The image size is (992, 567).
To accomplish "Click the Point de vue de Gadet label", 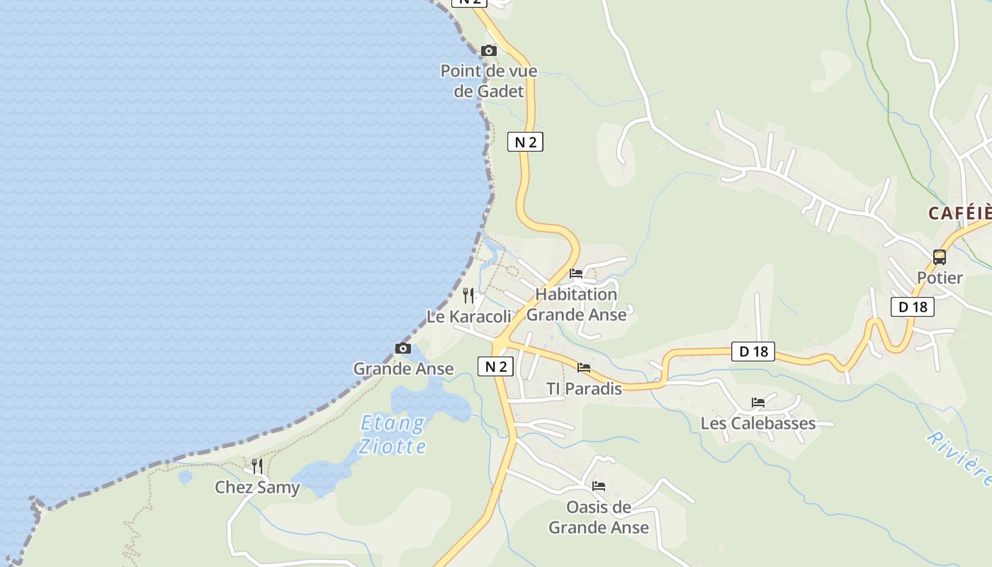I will (489, 81).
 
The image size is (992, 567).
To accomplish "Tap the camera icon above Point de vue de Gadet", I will (489, 50).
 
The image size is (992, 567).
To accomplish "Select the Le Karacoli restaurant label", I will (468, 316).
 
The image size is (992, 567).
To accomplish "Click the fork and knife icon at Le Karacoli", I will (468, 295).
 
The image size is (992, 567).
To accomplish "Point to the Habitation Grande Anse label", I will (576, 304).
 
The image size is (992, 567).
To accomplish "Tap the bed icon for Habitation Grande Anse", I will (576, 273).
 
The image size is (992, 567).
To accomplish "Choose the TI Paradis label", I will (584, 388).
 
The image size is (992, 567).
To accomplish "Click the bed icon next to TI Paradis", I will (584, 367).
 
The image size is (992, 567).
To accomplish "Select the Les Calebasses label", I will (758, 424).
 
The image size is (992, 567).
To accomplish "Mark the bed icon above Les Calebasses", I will (758, 403).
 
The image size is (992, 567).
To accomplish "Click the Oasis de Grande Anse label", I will (599, 517).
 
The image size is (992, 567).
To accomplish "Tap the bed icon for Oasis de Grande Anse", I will (599, 485).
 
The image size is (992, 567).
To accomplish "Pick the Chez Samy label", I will (257, 488).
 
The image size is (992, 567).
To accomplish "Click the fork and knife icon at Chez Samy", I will (257, 466).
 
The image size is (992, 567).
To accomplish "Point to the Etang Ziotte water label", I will (393, 434).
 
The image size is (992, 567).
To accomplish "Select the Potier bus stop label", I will (940, 278).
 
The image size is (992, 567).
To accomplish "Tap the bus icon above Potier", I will (940, 257).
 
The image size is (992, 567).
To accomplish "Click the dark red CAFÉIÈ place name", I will (960, 213).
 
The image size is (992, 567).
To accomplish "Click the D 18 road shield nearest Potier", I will (913, 307).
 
